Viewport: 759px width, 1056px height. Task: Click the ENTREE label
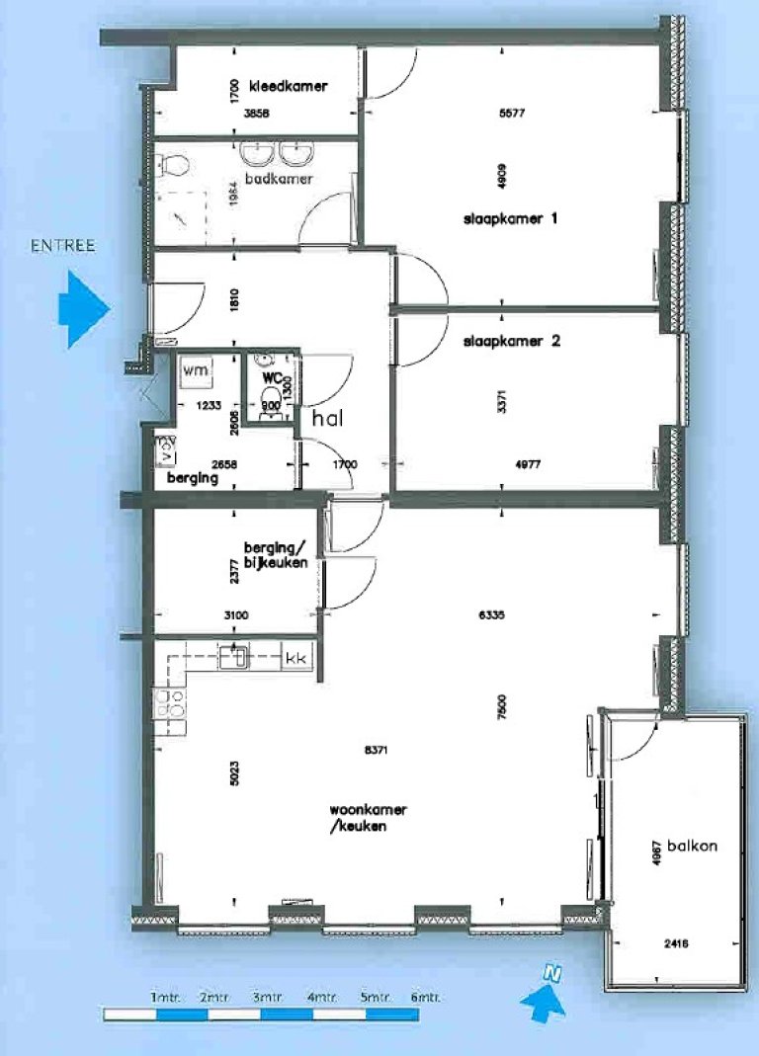point(63,245)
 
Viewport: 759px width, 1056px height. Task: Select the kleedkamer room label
point(289,86)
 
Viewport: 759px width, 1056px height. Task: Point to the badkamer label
point(281,179)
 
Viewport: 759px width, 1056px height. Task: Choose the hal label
point(327,419)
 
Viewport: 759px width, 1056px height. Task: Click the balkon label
point(692,846)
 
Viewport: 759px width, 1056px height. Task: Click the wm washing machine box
point(195,370)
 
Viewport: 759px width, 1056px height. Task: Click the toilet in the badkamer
point(175,165)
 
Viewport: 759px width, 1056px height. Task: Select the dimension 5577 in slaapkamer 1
point(512,113)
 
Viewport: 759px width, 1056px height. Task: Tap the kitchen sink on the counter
point(237,656)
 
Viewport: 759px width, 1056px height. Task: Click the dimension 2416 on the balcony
point(677,943)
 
